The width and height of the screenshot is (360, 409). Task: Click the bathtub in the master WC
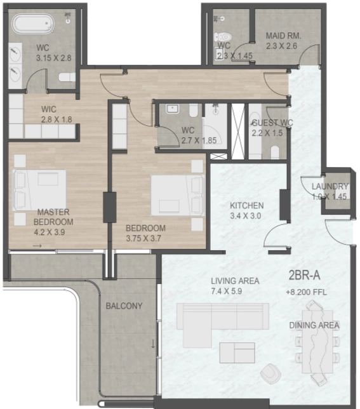click(x=34, y=25)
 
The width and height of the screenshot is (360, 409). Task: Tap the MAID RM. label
click(x=284, y=36)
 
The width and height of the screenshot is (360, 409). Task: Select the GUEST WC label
click(x=272, y=123)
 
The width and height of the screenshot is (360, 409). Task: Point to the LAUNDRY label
click(x=330, y=186)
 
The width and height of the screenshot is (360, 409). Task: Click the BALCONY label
click(x=124, y=305)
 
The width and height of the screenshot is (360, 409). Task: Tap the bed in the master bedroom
click(x=41, y=188)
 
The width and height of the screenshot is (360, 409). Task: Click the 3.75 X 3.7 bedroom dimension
click(x=145, y=238)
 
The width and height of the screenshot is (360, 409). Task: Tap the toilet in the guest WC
click(x=275, y=152)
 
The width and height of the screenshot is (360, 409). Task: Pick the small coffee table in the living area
click(x=237, y=352)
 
